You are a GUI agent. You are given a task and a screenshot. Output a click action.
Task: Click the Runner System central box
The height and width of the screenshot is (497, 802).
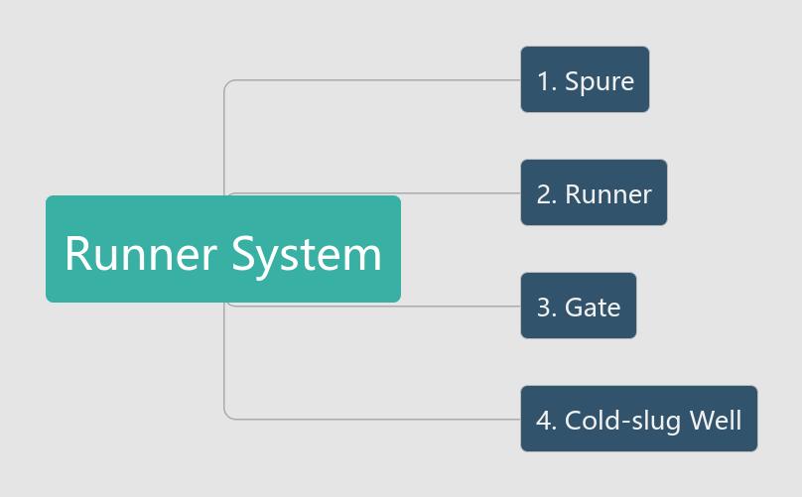coord(223,249)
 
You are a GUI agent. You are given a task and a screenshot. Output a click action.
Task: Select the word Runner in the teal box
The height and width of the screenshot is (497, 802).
coord(140,254)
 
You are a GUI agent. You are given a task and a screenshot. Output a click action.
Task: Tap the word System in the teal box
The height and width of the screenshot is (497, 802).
coord(307,254)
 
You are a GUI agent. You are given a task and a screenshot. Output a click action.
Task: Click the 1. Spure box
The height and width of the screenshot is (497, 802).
coord(585,79)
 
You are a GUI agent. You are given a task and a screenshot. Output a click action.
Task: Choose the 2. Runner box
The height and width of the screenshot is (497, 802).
coord(594,192)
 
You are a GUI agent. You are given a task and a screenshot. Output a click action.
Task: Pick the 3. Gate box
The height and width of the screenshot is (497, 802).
coord(578,306)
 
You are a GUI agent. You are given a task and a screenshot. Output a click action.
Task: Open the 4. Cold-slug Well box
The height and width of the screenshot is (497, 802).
coord(638,419)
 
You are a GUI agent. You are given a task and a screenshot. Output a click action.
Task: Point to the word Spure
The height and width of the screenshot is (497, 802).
coord(600,81)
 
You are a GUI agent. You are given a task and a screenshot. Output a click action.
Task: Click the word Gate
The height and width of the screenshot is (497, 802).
coord(593,308)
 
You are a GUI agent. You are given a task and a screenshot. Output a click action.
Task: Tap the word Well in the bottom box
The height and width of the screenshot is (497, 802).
coord(716,420)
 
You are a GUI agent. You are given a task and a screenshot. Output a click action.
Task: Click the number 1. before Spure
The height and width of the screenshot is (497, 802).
coord(546,81)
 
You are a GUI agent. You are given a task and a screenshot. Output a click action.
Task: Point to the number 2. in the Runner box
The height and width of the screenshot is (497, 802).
coord(546,194)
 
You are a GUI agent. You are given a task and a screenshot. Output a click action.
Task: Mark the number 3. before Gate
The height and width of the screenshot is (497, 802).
coord(546,308)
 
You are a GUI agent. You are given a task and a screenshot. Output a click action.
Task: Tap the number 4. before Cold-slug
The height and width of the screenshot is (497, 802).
coord(546,421)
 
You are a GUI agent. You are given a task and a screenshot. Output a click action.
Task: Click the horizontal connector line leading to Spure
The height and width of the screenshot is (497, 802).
coord(377,79)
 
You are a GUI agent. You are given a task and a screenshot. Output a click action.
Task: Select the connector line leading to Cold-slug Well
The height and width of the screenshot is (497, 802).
coord(377,419)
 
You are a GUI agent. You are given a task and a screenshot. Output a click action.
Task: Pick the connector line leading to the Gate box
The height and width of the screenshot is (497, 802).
coord(462,306)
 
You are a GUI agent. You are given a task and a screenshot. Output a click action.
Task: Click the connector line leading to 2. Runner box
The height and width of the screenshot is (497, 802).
coord(462,192)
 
